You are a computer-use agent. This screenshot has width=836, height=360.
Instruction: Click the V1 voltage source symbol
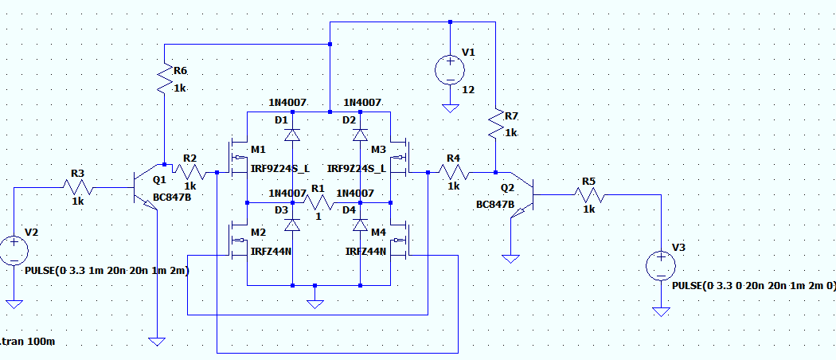(450, 69)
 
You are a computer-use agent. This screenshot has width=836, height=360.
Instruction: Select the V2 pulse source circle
(14, 250)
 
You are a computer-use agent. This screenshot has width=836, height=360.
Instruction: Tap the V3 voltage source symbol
(661, 265)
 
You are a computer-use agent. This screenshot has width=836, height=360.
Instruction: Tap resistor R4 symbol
(453, 172)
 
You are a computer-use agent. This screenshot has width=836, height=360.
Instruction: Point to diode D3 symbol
(292, 225)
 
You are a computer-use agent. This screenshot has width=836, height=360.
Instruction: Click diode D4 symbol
(360, 225)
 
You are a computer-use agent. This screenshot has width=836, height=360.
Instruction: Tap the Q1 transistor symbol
(143, 189)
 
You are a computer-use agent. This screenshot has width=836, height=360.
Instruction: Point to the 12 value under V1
(468, 90)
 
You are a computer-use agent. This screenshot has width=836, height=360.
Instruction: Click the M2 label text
(257, 232)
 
